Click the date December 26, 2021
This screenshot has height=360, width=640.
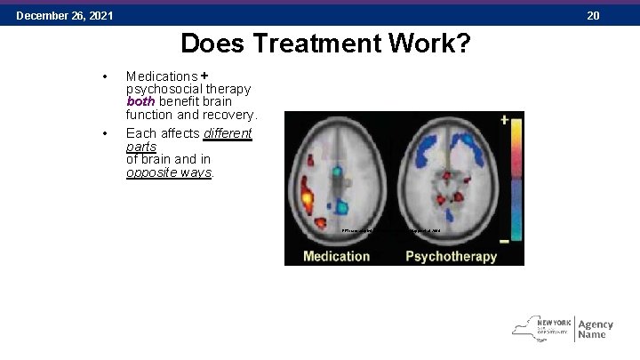(x=64, y=16)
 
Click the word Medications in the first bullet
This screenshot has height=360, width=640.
(x=162, y=76)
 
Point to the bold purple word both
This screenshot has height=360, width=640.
(x=140, y=101)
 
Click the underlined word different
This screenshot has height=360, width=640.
(x=228, y=133)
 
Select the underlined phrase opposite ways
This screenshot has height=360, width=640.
(x=168, y=172)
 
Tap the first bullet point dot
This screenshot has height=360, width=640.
(x=106, y=76)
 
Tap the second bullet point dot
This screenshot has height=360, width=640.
(x=106, y=133)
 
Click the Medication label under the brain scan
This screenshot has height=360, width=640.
(x=336, y=256)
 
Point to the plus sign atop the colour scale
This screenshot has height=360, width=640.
(x=504, y=118)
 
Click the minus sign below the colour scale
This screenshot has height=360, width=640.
(x=504, y=241)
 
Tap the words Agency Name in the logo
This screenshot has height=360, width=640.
(x=595, y=330)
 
